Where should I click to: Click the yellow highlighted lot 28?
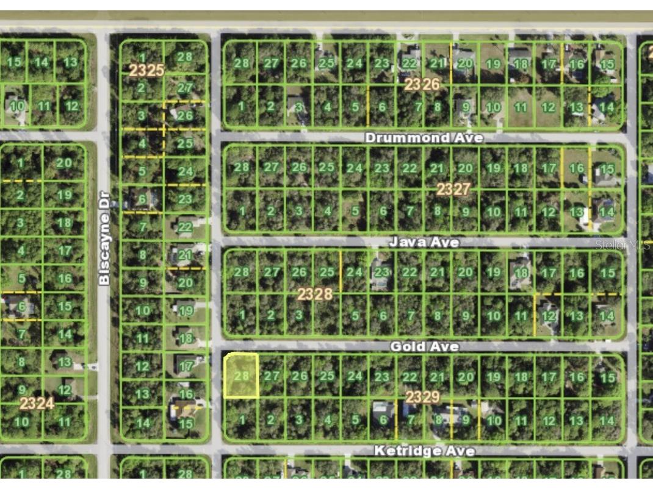241,376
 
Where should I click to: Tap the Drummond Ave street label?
424,138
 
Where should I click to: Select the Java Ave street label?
424,243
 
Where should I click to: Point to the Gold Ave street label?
424,346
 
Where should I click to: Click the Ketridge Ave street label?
424,451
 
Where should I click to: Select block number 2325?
146,70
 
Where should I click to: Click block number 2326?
421,84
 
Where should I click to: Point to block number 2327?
453,190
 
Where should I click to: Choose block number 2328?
315,294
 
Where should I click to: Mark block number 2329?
422,398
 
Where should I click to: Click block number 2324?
37,403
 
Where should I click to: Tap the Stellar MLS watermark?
622,245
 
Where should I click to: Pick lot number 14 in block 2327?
606,212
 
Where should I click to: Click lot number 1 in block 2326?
242,106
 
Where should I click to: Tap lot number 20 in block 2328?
466,272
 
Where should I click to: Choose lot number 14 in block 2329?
606,420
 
